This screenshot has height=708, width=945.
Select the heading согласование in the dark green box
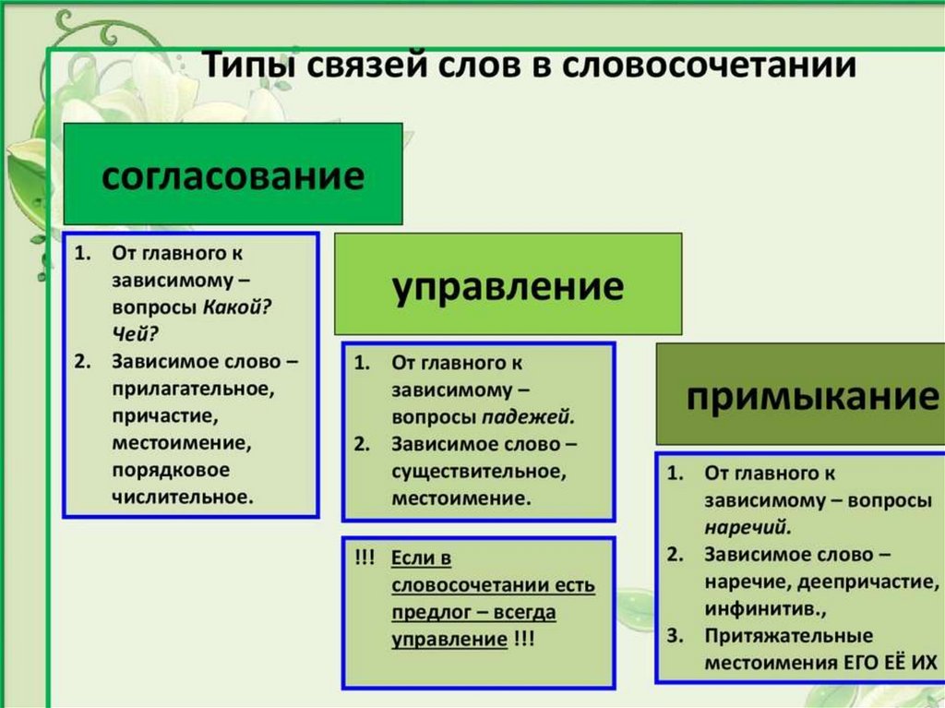(233, 175)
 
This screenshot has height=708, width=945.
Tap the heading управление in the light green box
(508, 285)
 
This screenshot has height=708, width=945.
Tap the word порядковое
(171, 470)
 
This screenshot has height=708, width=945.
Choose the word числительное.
(182, 497)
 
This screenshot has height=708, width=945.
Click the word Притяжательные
(788, 636)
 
